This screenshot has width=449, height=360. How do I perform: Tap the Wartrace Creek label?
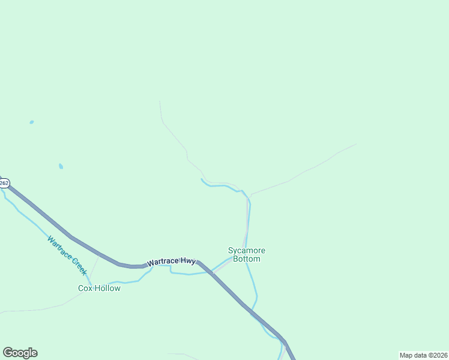tap(67, 255)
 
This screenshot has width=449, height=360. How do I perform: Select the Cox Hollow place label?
tap(99, 288)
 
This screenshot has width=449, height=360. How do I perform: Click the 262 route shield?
tap(4, 183)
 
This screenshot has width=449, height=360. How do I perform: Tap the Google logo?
tap(20, 353)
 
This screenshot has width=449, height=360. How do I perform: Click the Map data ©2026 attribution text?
tap(423, 355)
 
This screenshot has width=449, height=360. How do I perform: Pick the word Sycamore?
tap(247, 250)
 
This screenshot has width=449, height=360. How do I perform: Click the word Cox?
tap(85, 288)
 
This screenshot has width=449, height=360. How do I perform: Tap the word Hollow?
tap(107, 288)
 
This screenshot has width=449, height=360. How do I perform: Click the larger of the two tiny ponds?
tap(61, 166)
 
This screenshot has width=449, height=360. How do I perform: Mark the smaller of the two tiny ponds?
tap(31, 122)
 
